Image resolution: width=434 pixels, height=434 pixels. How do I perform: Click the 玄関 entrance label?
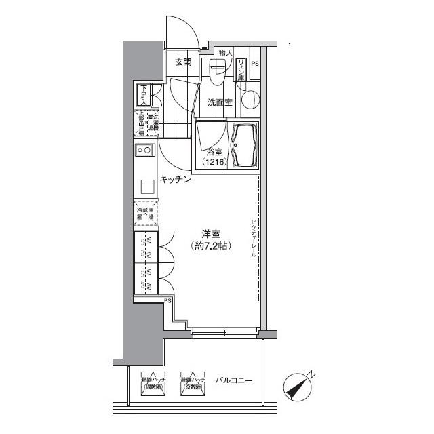tap(182, 62)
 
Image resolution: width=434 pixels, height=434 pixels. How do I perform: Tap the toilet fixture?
tap(218, 70)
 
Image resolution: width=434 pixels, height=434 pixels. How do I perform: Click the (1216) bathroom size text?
tap(214, 163)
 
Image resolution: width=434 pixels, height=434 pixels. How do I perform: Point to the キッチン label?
tap(174, 180)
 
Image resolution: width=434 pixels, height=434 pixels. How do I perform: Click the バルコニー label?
tap(234, 380)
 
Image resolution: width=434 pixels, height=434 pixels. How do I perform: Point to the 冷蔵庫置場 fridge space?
tap(146, 214)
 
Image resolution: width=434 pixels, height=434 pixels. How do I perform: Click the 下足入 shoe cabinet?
tap(144, 94)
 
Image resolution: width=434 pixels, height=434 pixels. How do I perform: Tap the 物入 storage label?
tap(225, 52)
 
